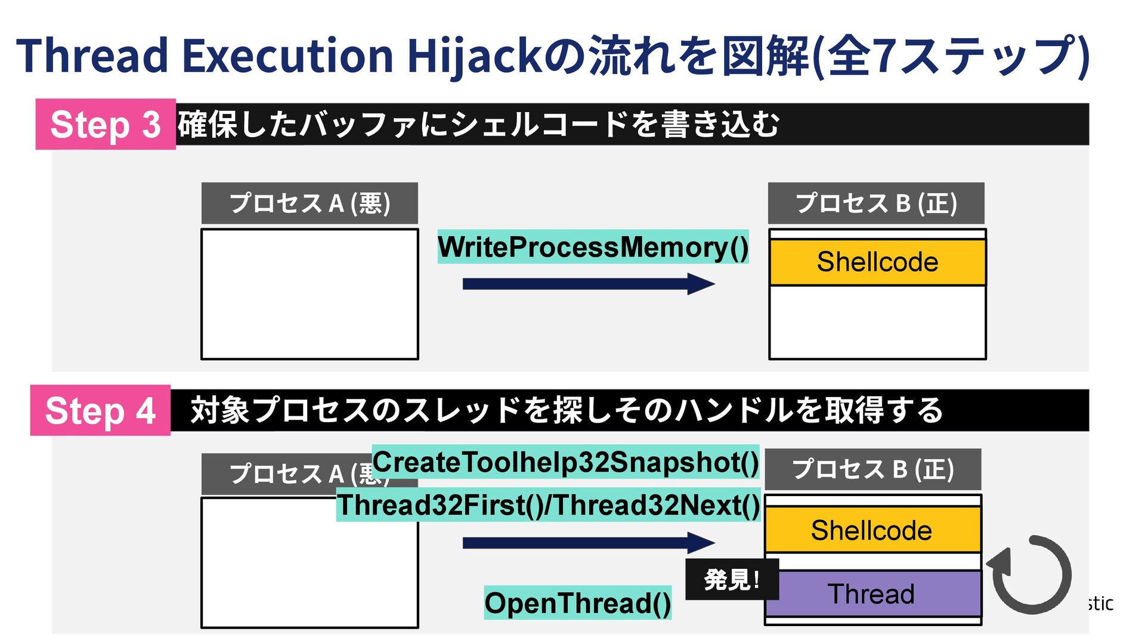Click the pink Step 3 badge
pos(106,124)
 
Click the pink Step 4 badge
pos(100,410)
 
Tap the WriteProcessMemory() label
pos(593,247)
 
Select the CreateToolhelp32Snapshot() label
pos(565,462)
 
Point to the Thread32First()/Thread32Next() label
pos(548,505)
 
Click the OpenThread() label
pos(577,603)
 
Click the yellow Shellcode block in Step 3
pos(877,262)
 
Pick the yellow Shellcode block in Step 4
pos(872,530)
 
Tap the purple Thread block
pos(872,594)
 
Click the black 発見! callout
pos(732,579)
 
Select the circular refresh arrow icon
pos(1030,574)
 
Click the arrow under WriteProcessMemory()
pos(588,284)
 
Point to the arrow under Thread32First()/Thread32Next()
pos(588,543)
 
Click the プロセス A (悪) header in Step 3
pos(310,203)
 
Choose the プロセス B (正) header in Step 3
pos(876,203)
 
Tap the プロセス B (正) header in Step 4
pos(872,469)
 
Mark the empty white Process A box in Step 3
pos(310,294)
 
